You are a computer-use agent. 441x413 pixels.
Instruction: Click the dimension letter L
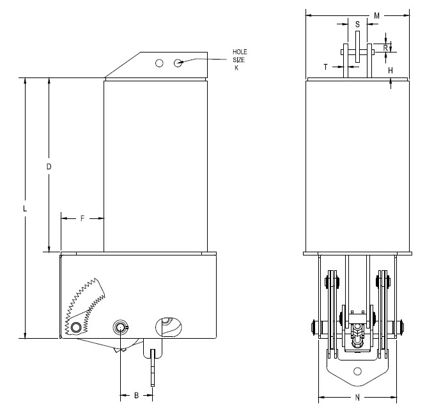pyautogui.click(x=25, y=209)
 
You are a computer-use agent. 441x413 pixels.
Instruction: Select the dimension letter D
pyautogui.click(x=49, y=166)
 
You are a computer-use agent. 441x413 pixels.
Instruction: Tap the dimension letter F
pyautogui.click(x=82, y=218)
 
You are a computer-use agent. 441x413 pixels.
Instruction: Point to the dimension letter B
pyautogui.click(x=136, y=396)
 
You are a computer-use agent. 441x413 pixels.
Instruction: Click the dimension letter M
pyautogui.click(x=377, y=16)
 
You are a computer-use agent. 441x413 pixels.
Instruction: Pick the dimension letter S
pyautogui.click(x=357, y=24)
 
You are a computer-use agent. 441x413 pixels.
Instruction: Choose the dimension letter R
pyautogui.click(x=385, y=48)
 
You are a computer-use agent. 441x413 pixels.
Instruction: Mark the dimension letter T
pyautogui.click(x=326, y=67)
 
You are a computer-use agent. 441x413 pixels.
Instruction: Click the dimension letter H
pyautogui.click(x=391, y=70)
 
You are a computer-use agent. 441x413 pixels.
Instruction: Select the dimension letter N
pyautogui.click(x=357, y=398)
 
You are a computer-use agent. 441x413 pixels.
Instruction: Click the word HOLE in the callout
pyautogui.click(x=240, y=52)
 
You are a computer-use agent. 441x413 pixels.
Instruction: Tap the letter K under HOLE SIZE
pyautogui.click(x=236, y=68)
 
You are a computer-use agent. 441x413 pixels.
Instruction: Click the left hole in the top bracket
pyautogui.click(x=159, y=63)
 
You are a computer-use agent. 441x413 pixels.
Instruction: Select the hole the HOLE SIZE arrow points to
pyautogui.click(x=178, y=63)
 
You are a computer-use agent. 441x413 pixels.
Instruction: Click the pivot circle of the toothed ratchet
pyautogui.click(x=76, y=327)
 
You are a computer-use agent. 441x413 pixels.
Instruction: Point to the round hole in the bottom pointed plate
pyautogui.click(x=357, y=371)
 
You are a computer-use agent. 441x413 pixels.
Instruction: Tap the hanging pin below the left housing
pyautogui.click(x=153, y=368)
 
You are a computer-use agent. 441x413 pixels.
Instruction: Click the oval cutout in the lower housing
pyautogui.click(x=169, y=327)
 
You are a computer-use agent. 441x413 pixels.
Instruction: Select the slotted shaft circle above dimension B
pyautogui.click(x=120, y=327)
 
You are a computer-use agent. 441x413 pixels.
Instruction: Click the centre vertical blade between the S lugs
pyautogui.click(x=357, y=47)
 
